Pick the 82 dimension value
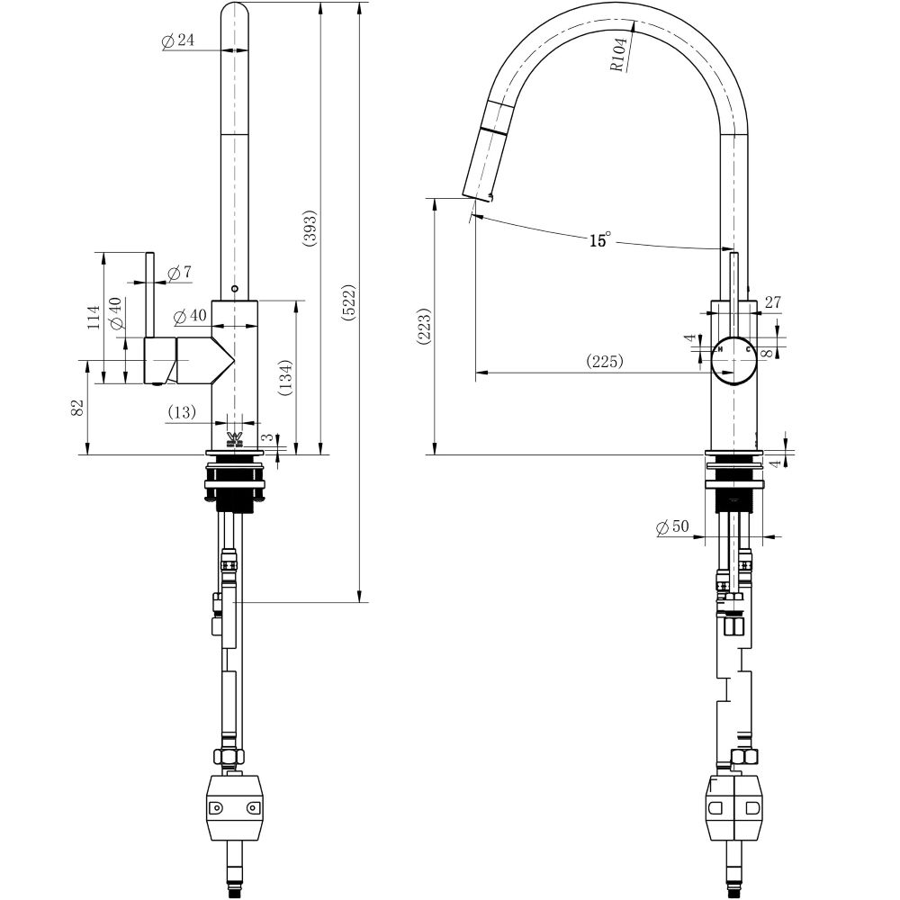tap(77, 407)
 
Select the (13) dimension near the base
tap(181, 412)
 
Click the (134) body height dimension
tap(284, 378)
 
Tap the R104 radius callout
tap(618, 54)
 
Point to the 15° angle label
tap(599, 240)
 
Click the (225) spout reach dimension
tap(605, 361)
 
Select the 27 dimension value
tap(772, 302)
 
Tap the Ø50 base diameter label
tap(672, 527)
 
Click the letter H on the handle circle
tap(720, 348)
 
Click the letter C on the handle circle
tap(749, 348)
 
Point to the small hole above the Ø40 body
tap(234, 289)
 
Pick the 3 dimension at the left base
tap(267, 437)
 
